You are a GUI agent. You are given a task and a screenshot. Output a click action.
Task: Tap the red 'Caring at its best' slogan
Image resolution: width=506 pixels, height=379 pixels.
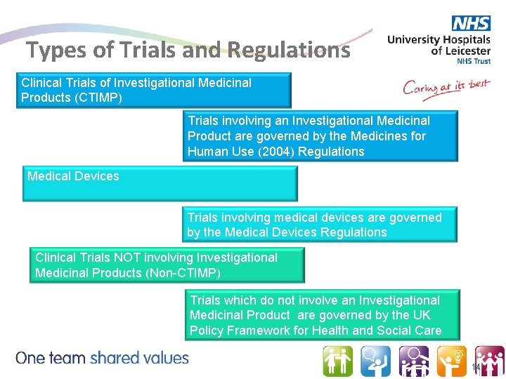[446, 89]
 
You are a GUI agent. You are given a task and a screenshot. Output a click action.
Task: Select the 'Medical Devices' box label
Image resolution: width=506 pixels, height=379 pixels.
[73, 176]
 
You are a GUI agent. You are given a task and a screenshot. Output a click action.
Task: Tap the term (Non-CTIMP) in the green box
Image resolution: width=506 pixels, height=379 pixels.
[186, 273]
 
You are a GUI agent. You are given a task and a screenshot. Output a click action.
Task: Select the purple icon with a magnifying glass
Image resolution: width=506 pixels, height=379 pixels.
[414, 361]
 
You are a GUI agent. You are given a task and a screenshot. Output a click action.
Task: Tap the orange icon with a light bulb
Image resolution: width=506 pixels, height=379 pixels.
[452, 361]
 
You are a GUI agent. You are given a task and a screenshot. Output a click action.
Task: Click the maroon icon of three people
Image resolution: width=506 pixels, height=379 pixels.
[490, 361]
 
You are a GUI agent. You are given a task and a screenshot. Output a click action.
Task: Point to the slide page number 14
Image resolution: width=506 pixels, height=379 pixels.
[476, 368]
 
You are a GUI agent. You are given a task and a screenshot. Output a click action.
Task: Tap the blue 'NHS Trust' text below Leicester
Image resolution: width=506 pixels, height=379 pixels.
[474, 61]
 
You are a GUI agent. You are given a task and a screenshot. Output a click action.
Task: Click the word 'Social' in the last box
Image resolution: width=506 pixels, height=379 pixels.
[397, 331]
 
